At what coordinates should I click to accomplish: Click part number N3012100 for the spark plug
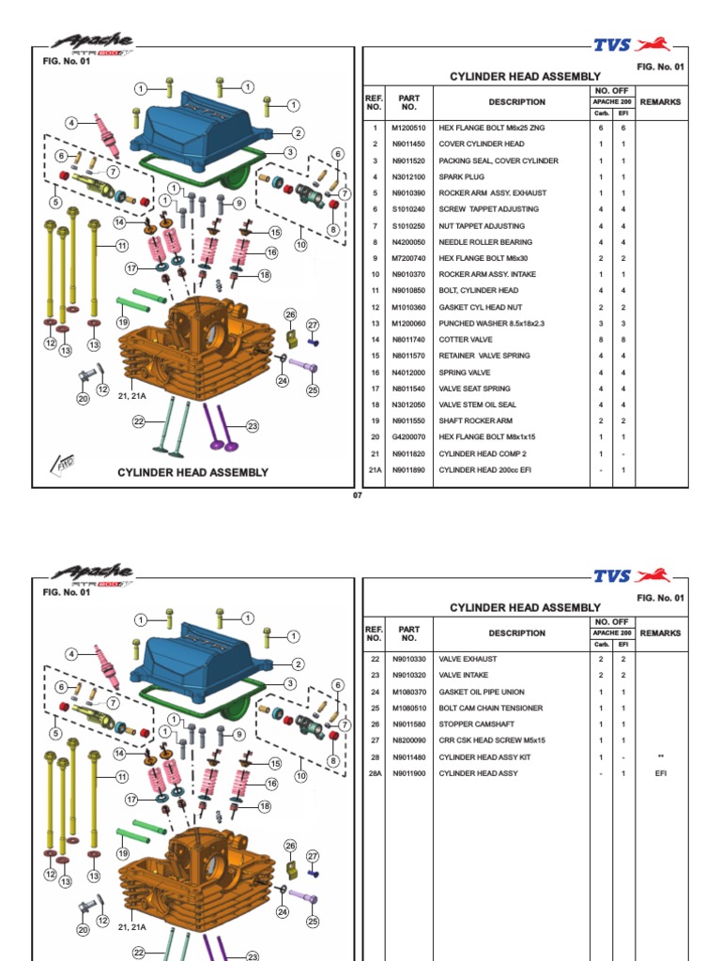pos(408,176)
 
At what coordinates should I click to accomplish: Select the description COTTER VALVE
pos(468,340)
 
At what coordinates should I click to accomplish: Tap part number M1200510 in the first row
pos(408,128)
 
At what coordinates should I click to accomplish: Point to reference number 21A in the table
pos(375,469)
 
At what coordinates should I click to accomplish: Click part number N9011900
pos(408,773)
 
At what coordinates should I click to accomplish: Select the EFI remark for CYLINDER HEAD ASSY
pos(661,773)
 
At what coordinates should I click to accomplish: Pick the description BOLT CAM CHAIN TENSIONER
pos(491,709)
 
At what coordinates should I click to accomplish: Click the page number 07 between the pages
pos(357,496)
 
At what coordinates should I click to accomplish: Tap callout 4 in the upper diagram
pos(71,123)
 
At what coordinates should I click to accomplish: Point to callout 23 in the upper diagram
pos(253,426)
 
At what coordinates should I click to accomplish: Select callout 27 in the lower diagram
pos(313,856)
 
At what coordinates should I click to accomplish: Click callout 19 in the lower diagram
pos(123,853)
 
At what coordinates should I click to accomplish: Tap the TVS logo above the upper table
pos(635,44)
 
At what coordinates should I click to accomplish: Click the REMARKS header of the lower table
pos(661,633)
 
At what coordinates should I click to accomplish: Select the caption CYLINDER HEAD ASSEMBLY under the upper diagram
pos(192,473)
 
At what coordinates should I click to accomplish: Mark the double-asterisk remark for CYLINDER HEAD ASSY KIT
pos(661,757)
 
